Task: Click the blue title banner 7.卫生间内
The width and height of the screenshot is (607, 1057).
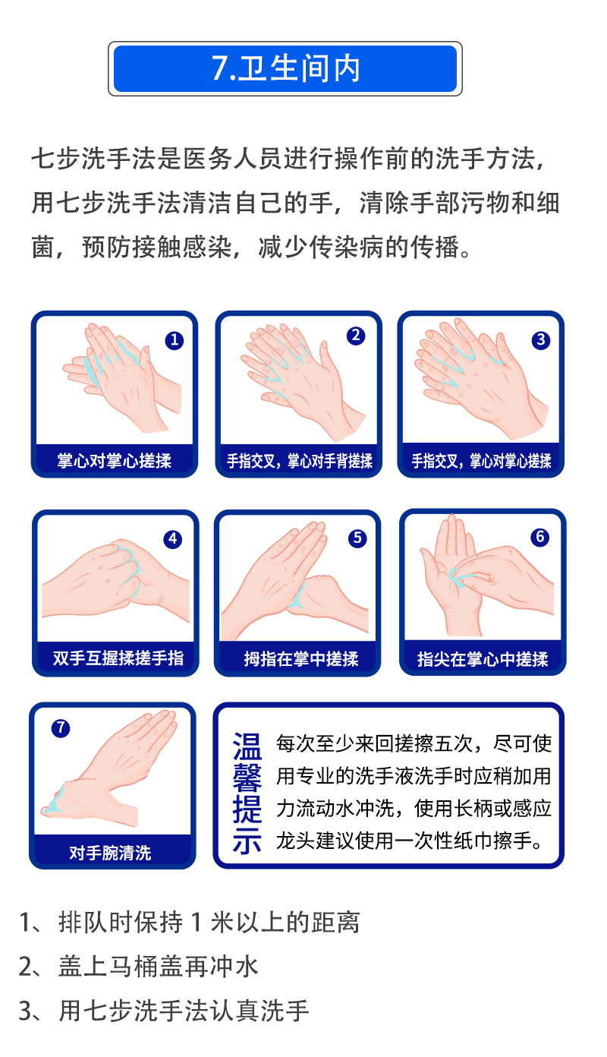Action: (x=285, y=68)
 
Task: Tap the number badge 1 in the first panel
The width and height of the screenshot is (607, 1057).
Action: (x=174, y=340)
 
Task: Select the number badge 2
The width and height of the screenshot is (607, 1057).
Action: (x=356, y=336)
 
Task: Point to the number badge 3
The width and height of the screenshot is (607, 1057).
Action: (x=540, y=339)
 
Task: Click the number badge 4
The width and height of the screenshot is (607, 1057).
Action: (x=173, y=539)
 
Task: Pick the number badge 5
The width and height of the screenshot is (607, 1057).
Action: (x=357, y=538)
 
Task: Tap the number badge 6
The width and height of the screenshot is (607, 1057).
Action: (x=540, y=537)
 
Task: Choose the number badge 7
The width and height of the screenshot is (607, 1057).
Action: (x=61, y=728)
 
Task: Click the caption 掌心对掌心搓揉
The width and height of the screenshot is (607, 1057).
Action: (x=115, y=461)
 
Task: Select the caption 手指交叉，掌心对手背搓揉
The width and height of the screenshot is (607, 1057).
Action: (x=300, y=461)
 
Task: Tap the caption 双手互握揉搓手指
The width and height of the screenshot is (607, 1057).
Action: (x=118, y=658)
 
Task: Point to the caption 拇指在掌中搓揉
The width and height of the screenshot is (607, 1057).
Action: (x=301, y=659)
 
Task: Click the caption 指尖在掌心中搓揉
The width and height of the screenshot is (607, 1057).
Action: (x=483, y=659)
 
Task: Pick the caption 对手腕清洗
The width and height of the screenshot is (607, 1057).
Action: (x=110, y=853)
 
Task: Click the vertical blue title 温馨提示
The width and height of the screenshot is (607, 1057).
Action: (x=247, y=794)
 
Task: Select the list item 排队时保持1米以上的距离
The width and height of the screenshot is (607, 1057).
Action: (x=209, y=922)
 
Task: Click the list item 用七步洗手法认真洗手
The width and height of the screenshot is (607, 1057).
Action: (x=184, y=1011)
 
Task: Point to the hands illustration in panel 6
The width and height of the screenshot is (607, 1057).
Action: (x=486, y=576)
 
